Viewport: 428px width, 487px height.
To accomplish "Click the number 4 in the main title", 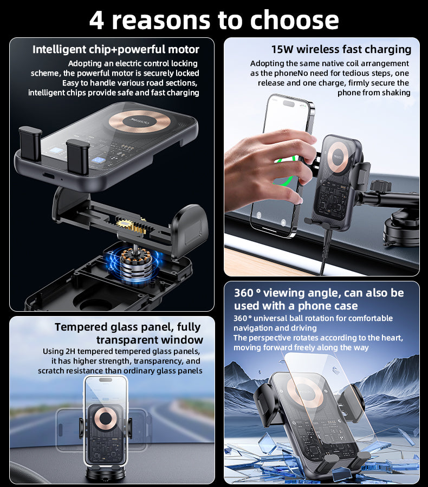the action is (x=97, y=21).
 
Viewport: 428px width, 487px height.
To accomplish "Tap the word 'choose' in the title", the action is (x=294, y=20).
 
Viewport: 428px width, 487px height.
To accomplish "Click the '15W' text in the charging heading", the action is (x=282, y=49).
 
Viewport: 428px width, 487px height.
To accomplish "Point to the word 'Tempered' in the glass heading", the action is (x=81, y=327).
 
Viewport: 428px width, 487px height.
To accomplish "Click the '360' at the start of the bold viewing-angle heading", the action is (x=244, y=293).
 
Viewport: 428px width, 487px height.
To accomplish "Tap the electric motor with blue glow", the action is (x=136, y=264).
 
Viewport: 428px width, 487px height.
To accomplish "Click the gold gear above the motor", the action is (x=124, y=223).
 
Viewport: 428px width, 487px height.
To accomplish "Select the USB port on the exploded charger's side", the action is (x=49, y=176).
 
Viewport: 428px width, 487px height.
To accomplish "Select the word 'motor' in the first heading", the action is (x=184, y=49).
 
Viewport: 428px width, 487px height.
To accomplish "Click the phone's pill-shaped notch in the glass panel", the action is (x=106, y=379).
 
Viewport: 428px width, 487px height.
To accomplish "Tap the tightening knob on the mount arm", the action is (x=380, y=186).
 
